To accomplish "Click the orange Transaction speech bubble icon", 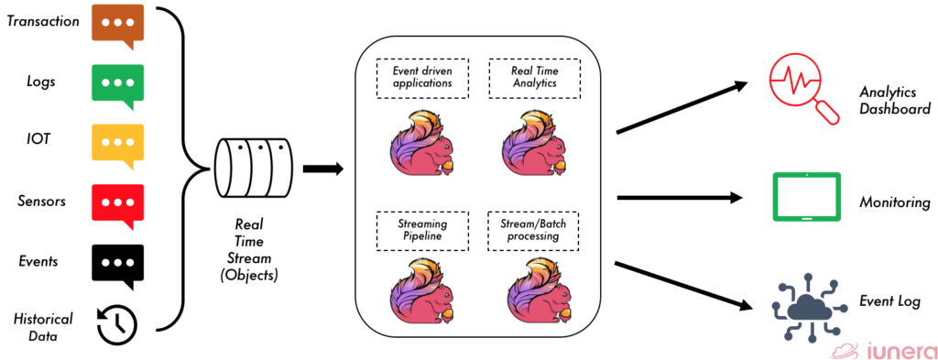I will click(x=117, y=25).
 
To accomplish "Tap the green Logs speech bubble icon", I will click(x=117, y=83).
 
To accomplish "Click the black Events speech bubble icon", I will click(x=117, y=262).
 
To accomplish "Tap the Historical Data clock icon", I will click(x=117, y=322).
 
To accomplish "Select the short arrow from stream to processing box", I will click(x=322, y=169).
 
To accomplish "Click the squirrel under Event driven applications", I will click(x=419, y=143).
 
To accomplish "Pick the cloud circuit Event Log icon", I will click(x=805, y=307).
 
